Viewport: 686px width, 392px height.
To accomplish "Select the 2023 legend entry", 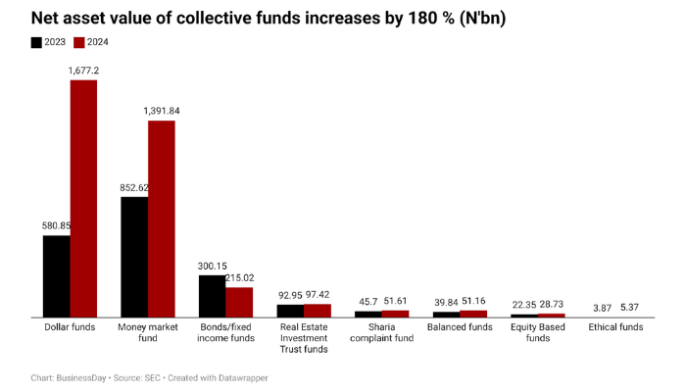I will (49, 42).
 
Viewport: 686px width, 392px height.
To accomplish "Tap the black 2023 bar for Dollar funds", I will (56, 276).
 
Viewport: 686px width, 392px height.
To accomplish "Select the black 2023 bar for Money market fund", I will (134, 257).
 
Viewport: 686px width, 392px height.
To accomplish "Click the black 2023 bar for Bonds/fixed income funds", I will (212, 296).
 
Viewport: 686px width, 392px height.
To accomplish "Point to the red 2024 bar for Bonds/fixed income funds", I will (239, 302).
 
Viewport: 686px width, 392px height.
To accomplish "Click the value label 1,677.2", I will (82, 71).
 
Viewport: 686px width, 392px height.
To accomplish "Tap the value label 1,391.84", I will (162, 111).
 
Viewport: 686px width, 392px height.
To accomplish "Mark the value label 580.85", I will (56, 225).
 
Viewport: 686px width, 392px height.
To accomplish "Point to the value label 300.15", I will (212, 266).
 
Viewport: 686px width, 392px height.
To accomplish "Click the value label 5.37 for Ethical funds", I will (629, 308).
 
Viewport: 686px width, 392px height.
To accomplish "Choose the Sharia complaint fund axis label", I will (382, 332).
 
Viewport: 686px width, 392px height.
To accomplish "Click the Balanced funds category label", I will (460, 326).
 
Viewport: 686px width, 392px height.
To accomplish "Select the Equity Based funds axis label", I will (538, 332).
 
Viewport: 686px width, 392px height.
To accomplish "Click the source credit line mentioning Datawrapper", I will (149, 377).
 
